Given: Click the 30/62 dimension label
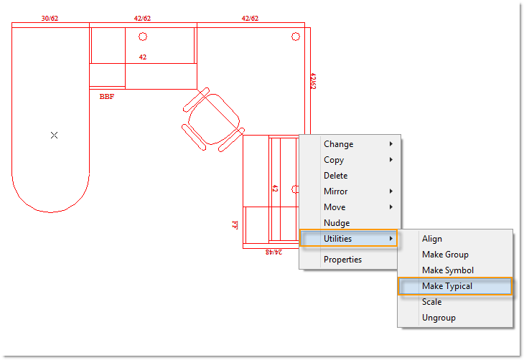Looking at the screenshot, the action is (50, 19).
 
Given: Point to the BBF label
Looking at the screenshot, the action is (107, 97).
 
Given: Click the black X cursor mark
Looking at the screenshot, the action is (54, 135).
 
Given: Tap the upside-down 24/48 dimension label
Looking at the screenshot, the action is (273, 252).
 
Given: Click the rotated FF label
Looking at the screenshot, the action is (235, 224).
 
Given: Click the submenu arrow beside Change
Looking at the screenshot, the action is (390, 144).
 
